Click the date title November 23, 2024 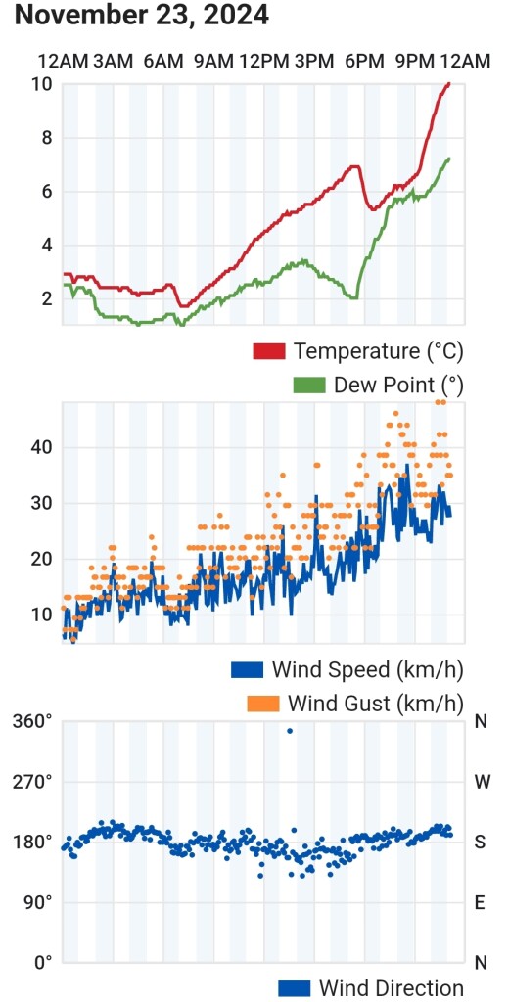(x=141, y=15)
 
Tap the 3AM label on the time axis (x=114, y=62)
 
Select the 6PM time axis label (x=364, y=62)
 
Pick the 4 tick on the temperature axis (x=47, y=246)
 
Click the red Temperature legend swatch (x=268, y=351)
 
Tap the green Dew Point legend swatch (x=308, y=386)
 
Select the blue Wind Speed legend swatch (x=247, y=669)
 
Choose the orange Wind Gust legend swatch (x=262, y=704)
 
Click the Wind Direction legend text (x=391, y=988)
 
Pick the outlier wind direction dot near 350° (x=290, y=730)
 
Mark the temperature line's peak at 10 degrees (x=448, y=84)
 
